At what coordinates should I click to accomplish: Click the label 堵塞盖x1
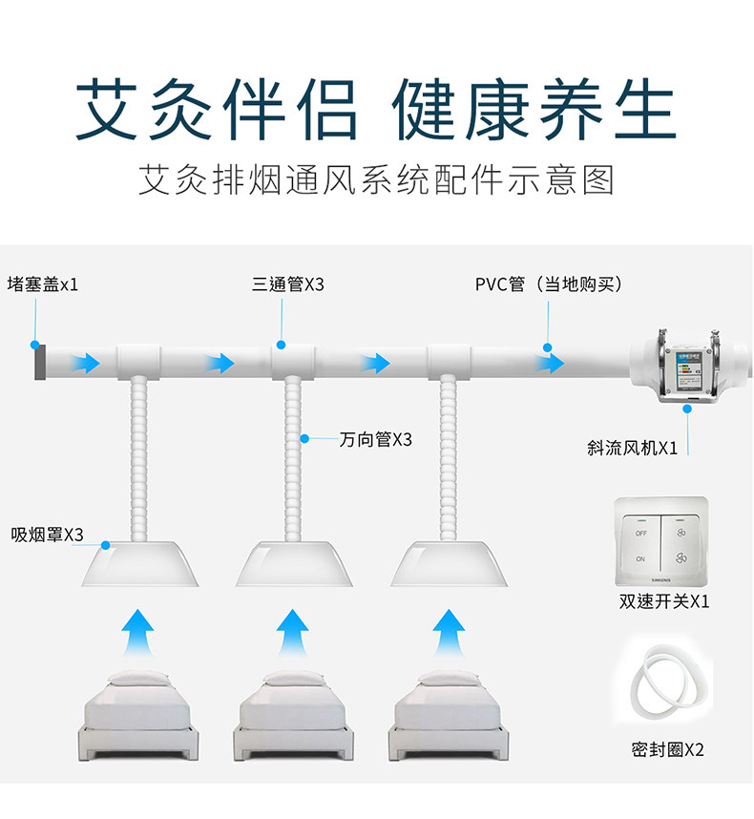click(x=43, y=284)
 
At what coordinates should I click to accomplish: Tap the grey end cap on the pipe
click(x=38, y=362)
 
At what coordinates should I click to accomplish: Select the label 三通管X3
click(x=288, y=284)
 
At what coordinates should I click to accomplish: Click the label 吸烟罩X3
click(x=47, y=535)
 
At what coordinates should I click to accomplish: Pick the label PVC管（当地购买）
click(x=549, y=284)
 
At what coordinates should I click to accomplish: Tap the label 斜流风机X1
click(x=632, y=448)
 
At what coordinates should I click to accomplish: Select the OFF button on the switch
click(x=640, y=532)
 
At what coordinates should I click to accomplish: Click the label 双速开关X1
click(x=664, y=601)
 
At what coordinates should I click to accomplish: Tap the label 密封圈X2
click(x=667, y=749)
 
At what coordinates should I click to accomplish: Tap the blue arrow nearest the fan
click(x=550, y=363)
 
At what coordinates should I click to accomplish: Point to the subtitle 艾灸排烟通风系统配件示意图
click(x=376, y=180)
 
